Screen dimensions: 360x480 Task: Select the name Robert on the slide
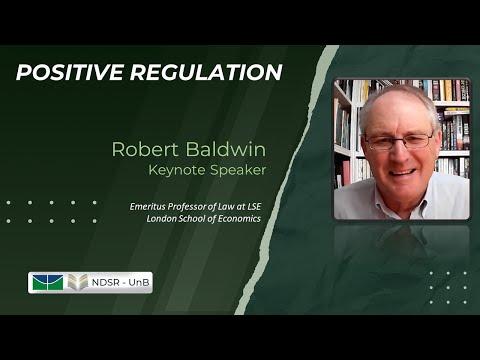(x=143, y=150)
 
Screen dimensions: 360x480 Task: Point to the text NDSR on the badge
(x=105, y=282)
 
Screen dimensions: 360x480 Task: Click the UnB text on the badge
(x=138, y=282)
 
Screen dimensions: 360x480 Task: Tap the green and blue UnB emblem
(x=46, y=282)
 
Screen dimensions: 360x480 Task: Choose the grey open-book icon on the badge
(x=77, y=282)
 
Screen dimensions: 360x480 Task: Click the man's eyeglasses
(x=398, y=140)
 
